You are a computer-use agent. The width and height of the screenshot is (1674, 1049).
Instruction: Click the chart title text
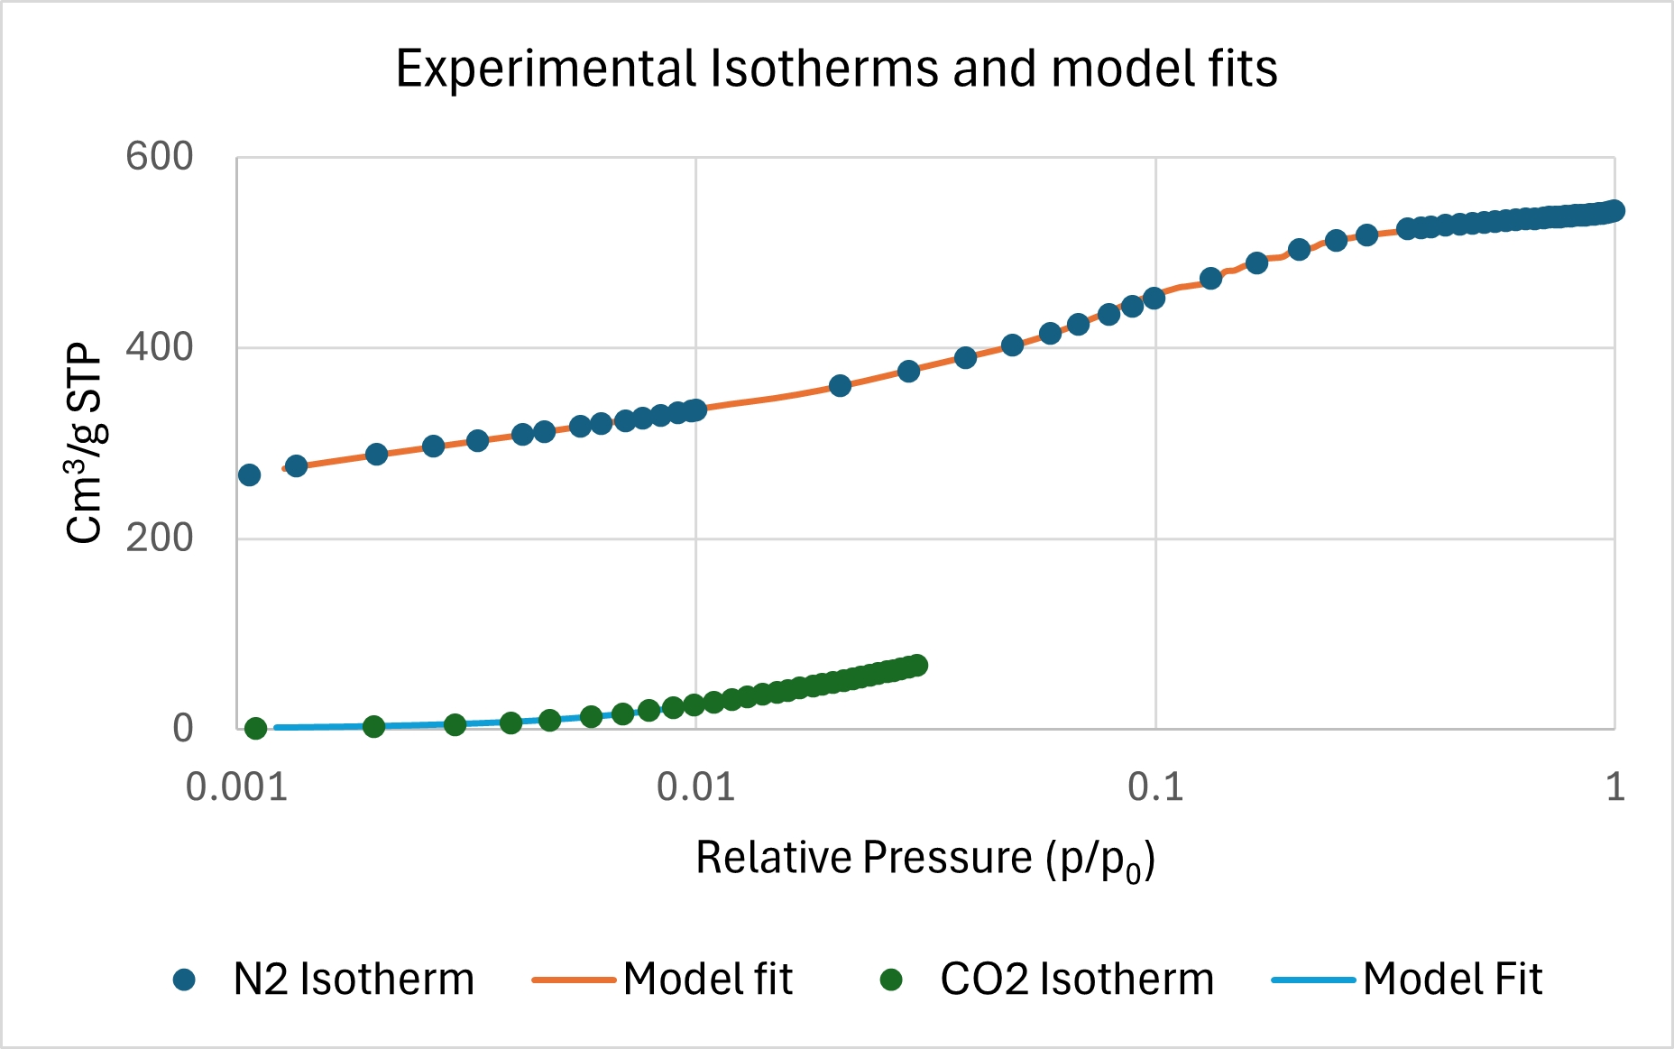(x=836, y=69)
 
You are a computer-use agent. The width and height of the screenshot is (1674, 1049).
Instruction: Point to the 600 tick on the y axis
(x=160, y=157)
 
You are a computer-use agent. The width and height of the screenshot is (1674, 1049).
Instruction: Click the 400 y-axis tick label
(x=160, y=347)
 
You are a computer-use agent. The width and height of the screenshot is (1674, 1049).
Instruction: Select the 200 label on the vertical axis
(x=160, y=538)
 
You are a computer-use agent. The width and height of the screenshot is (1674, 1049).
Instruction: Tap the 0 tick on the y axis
(x=183, y=729)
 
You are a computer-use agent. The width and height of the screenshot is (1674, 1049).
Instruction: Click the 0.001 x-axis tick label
(x=236, y=787)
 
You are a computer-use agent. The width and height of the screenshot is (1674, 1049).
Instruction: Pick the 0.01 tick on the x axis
(x=695, y=787)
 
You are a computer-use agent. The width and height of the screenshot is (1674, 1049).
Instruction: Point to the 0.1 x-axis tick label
(x=1155, y=787)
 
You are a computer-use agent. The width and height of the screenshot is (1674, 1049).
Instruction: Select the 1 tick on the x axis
(x=1615, y=787)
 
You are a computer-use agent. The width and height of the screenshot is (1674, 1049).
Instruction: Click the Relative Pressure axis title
(x=925, y=858)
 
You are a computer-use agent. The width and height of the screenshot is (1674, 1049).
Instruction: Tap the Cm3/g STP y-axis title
(x=86, y=442)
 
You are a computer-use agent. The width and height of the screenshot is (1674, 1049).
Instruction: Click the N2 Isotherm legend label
(x=354, y=980)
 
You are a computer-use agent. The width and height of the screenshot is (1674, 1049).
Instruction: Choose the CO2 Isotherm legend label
(x=1077, y=980)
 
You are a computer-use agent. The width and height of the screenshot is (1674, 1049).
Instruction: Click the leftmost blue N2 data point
(x=249, y=475)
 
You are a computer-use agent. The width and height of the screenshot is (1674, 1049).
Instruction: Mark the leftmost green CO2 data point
(x=256, y=728)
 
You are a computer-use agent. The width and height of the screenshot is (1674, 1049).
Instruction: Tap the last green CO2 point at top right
(x=917, y=666)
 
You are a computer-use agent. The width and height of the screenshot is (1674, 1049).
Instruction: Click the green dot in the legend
(x=891, y=980)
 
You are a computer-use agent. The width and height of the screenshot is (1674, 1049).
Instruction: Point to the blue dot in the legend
(x=185, y=980)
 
